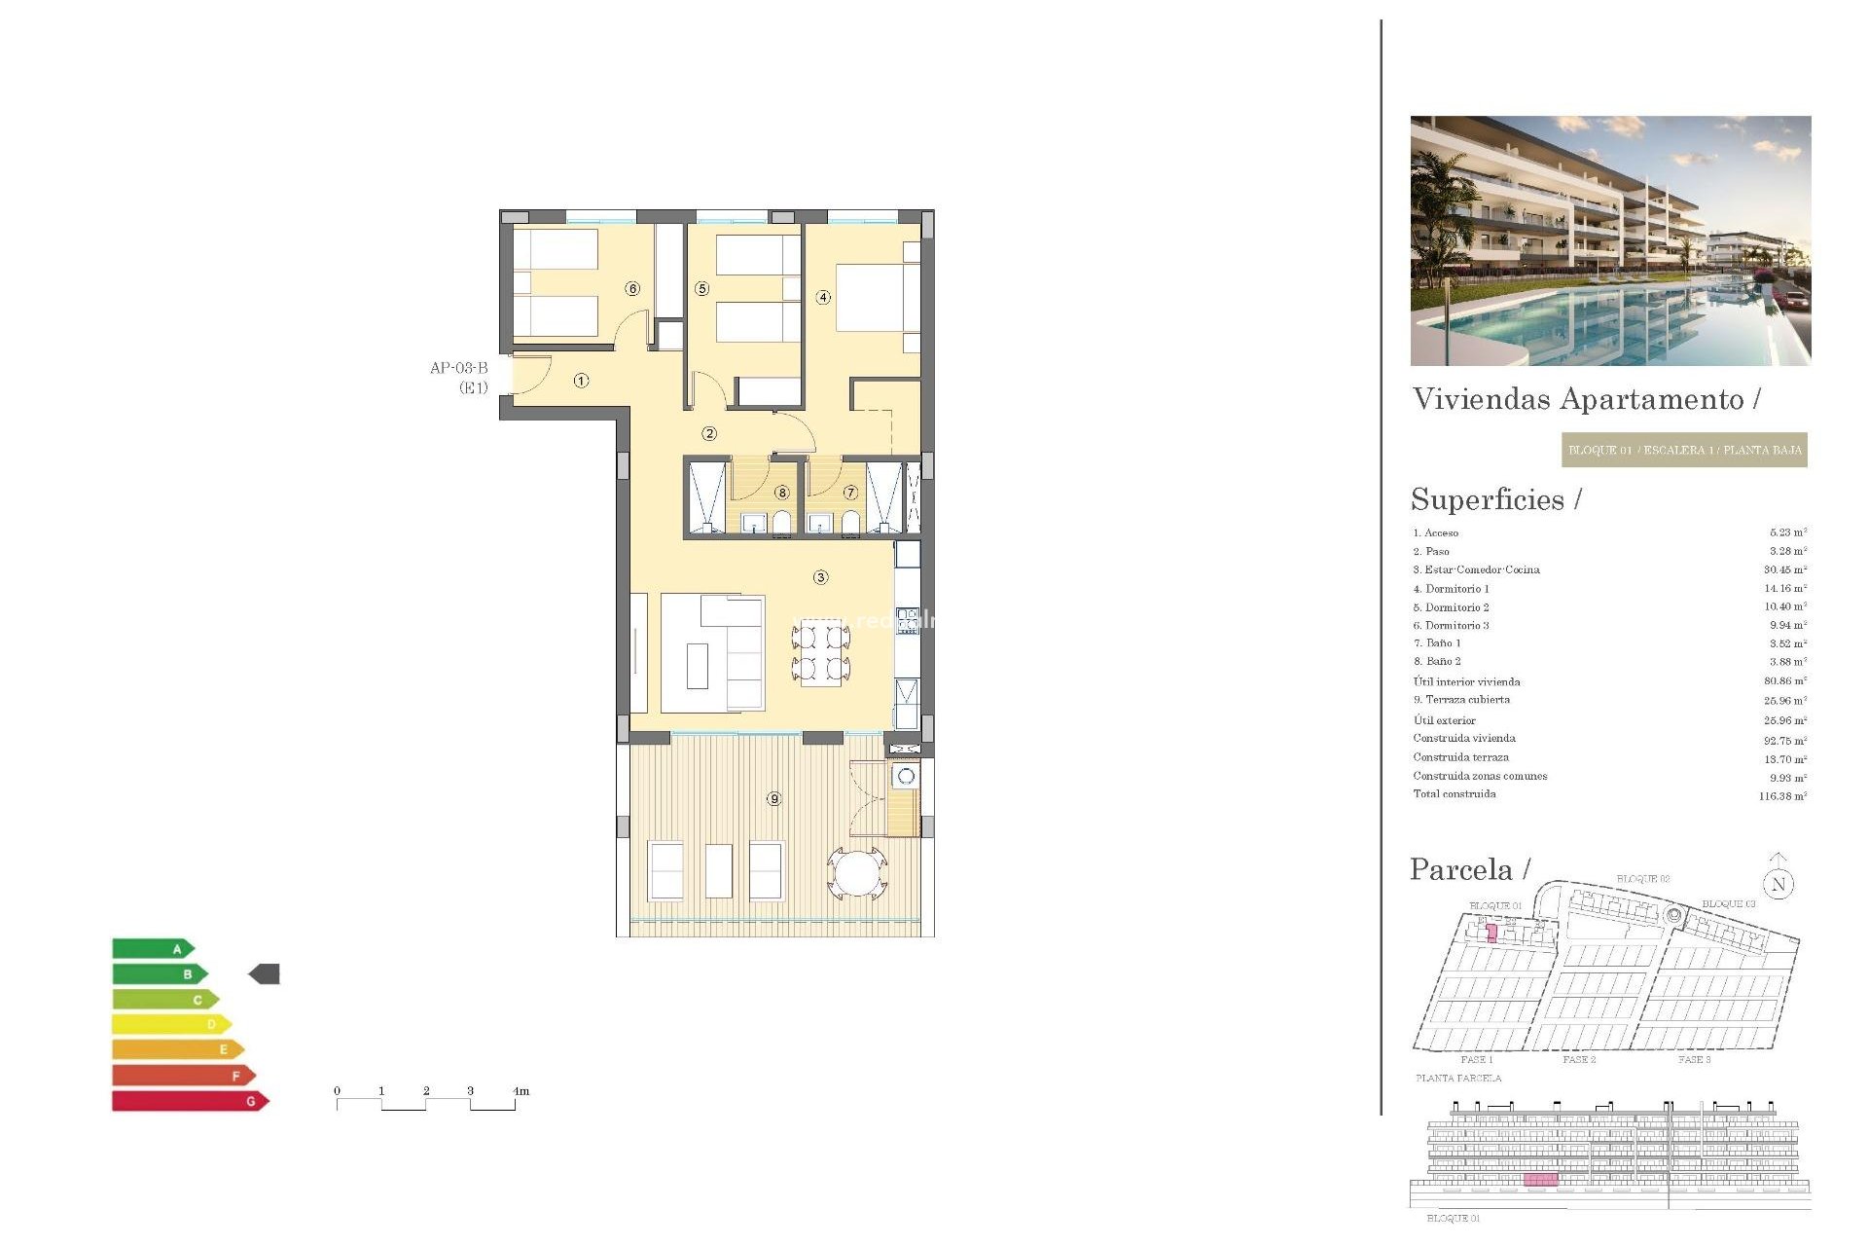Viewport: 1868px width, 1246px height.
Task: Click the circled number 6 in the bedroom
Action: click(632, 288)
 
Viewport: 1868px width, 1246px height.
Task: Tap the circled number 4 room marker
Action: click(823, 297)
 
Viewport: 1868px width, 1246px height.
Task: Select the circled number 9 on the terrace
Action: click(773, 798)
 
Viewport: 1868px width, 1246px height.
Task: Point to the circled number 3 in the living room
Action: click(820, 577)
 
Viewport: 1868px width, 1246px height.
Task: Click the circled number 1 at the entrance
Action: click(581, 381)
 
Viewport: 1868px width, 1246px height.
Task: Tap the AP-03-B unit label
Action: click(459, 368)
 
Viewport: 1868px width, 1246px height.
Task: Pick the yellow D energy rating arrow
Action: click(171, 1024)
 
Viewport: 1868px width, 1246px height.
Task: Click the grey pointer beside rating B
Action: click(265, 973)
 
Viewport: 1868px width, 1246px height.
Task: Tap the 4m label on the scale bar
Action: click(521, 1091)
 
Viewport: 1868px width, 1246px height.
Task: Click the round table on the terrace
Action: click(857, 872)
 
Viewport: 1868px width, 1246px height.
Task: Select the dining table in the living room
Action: click(821, 654)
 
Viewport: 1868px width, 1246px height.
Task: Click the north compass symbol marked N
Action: click(1778, 884)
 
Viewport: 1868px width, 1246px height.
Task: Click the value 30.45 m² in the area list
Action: click(1785, 569)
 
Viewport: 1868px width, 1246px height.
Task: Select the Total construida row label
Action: click(1455, 794)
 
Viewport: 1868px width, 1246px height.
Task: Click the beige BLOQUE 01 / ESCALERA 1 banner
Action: click(1684, 450)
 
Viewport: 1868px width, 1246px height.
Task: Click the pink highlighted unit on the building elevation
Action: click(1540, 1180)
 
